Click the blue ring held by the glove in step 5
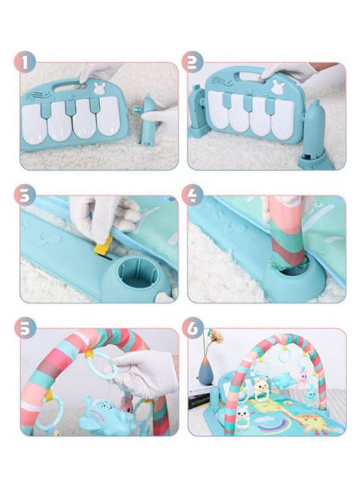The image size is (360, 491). [x=103, y=366]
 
